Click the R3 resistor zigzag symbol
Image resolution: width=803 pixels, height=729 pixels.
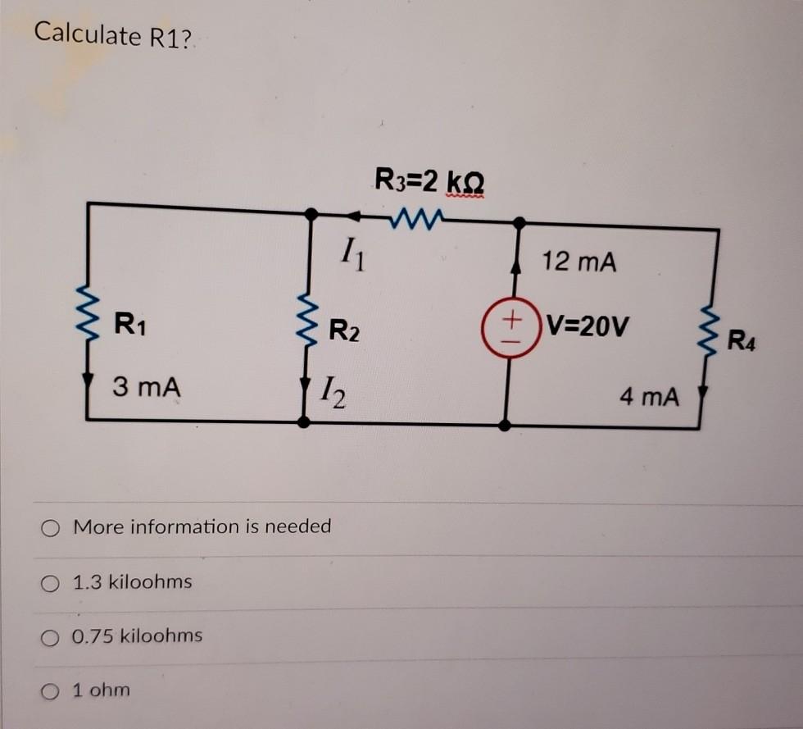point(417,217)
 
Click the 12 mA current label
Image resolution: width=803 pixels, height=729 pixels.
point(578,262)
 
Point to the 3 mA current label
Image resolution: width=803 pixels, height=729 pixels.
point(145,385)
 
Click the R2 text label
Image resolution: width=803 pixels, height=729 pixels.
point(343,332)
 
